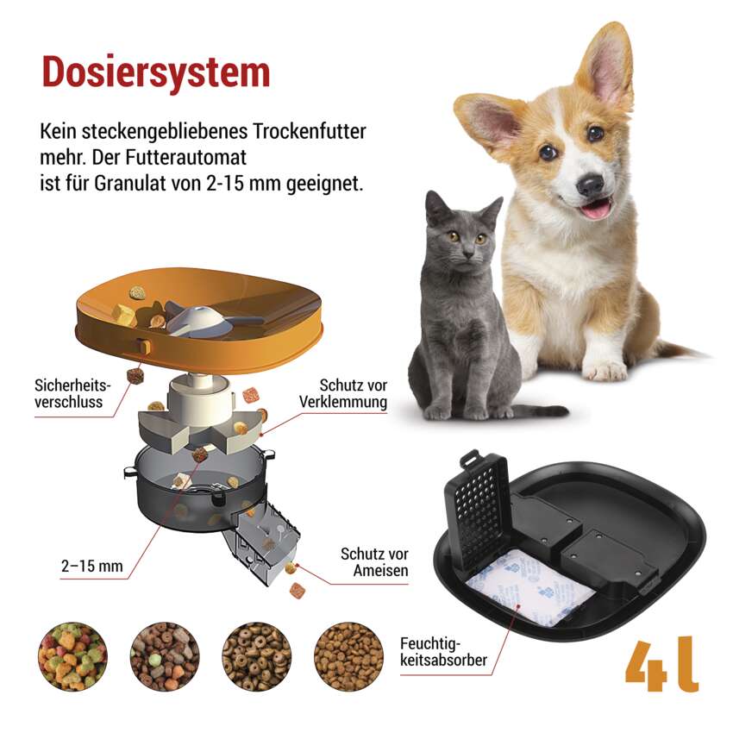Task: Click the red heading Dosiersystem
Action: coord(156,72)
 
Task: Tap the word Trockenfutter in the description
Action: coord(310,131)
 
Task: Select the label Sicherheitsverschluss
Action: coord(72,393)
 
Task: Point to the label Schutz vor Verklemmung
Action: coord(343,393)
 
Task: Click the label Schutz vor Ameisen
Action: coord(374,562)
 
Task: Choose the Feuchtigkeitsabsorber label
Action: coord(443,652)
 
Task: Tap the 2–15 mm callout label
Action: coord(92,566)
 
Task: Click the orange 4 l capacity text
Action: coord(662,664)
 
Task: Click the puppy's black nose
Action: coord(591,185)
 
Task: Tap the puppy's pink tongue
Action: coord(595,209)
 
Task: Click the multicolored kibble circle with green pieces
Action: coord(72,656)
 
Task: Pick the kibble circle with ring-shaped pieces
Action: coord(256,656)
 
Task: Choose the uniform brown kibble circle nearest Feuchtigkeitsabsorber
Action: coord(348,656)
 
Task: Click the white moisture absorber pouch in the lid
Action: coord(530,587)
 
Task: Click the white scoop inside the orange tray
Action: coord(201,320)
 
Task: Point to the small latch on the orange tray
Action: coord(144,347)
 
